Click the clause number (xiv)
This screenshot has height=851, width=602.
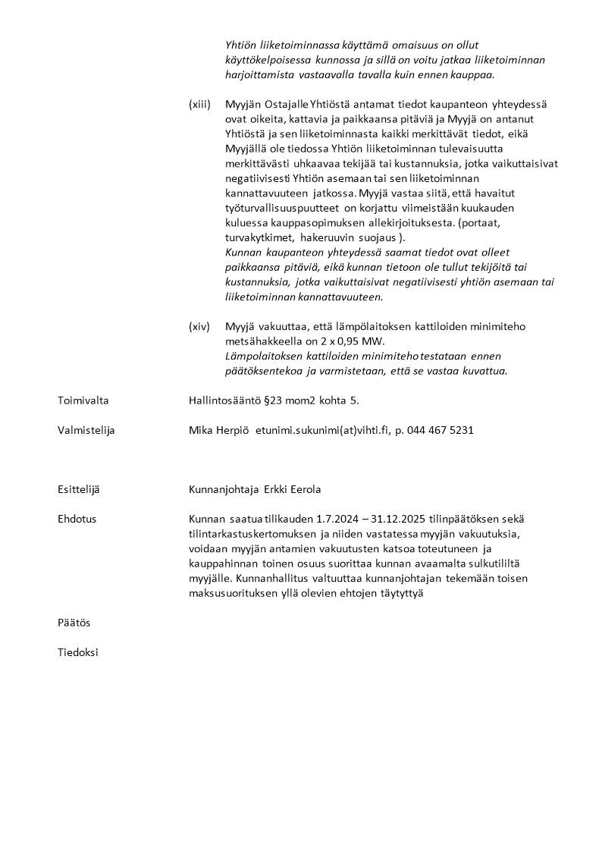point(199,326)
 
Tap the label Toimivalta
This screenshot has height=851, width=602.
point(83,400)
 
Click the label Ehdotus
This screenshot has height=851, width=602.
point(77,519)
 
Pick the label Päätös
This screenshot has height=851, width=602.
point(74,623)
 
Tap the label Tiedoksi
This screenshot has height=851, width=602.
point(77,652)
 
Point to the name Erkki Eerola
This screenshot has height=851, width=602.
point(293,490)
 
